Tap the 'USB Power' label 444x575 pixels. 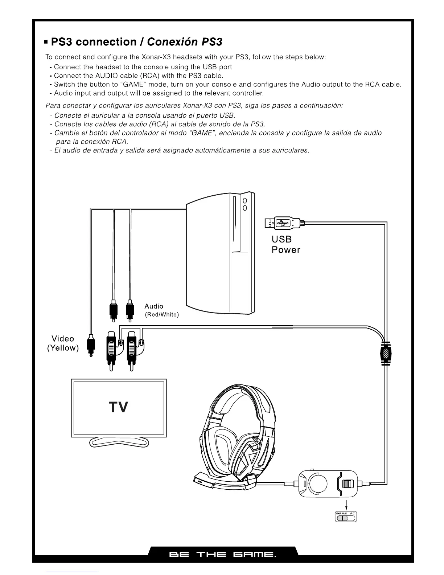coord(286,245)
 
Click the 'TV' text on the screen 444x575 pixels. coord(118,407)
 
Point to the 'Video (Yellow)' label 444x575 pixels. coord(63,343)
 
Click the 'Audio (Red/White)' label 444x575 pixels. coord(161,310)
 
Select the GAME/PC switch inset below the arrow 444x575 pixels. coord(346,516)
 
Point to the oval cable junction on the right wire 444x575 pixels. coord(386,352)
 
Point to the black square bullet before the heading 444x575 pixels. coord(46,42)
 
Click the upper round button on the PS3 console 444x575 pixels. coord(245,200)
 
